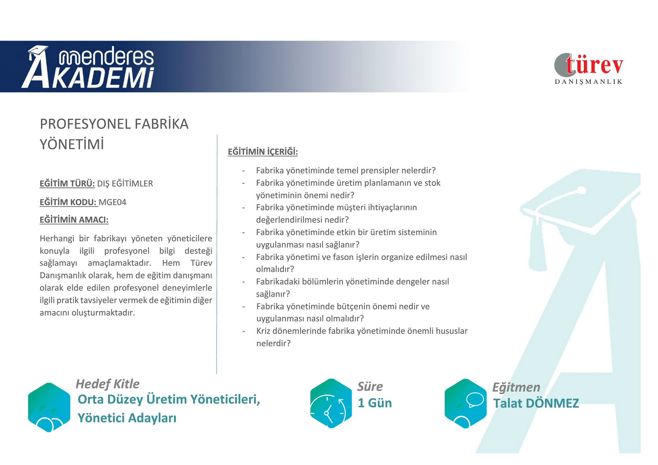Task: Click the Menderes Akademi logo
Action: click(88, 67)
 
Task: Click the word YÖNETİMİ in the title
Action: click(72, 144)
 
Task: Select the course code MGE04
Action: click(113, 202)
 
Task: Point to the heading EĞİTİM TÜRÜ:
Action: click(67, 183)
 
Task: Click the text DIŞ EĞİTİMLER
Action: click(125, 184)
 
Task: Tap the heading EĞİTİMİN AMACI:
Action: click(74, 220)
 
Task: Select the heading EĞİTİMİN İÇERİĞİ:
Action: click(263, 151)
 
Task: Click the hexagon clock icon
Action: click(331, 403)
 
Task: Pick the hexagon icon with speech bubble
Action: click(465, 403)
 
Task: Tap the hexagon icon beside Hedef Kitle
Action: click(49, 407)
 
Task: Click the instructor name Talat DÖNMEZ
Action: click(536, 403)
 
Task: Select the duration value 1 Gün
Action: click(375, 403)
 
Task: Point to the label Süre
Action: click(370, 386)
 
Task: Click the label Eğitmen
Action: click(516, 387)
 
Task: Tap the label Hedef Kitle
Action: click(107, 384)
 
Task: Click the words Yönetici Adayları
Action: click(127, 418)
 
